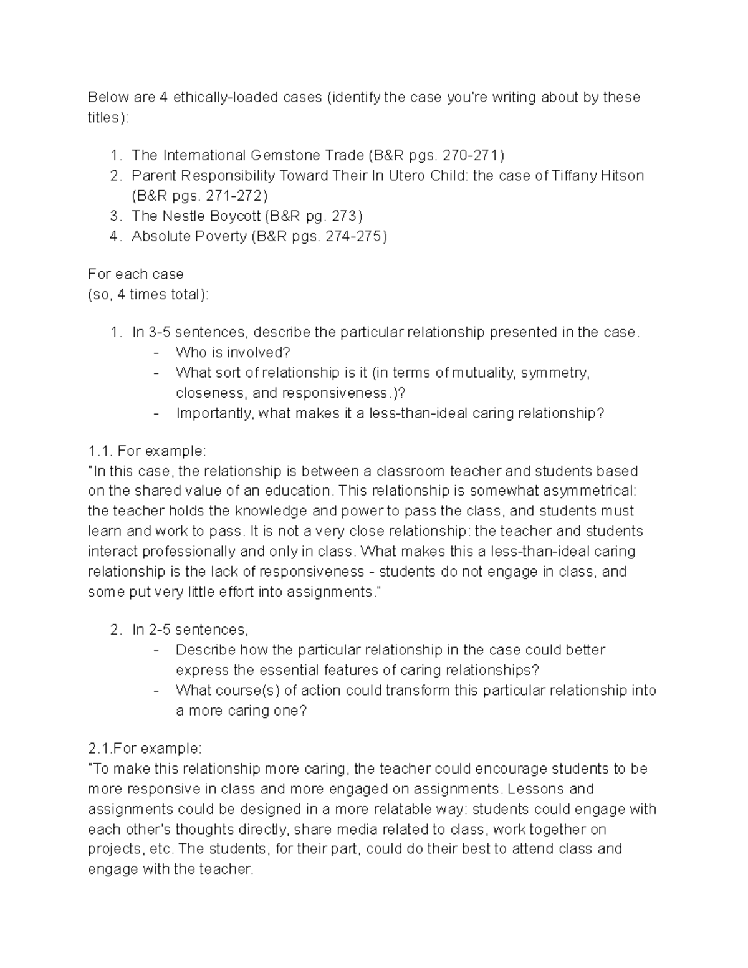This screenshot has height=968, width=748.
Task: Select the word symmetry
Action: tap(554, 373)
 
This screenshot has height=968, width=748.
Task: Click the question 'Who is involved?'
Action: tap(233, 353)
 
